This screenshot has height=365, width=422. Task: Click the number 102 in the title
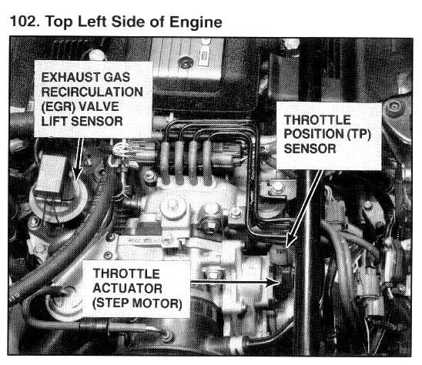point(24,22)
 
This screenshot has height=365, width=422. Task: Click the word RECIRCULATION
point(92,92)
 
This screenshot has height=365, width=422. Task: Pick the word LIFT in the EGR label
point(55,121)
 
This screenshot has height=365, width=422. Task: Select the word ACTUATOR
point(127,288)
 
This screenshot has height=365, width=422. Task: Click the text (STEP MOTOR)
point(137,303)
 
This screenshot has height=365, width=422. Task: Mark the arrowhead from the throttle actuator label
point(273,283)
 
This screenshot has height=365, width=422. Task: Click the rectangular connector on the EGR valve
point(51,173)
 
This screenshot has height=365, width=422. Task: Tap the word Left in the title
point(92,22)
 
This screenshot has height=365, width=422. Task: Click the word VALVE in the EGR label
point(99,106)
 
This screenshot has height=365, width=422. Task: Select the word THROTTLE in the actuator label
point(126,274)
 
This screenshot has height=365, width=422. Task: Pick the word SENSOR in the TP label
point(310,149)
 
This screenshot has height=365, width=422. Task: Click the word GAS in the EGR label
point(117,77)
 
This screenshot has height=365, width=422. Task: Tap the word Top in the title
point(59,22)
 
